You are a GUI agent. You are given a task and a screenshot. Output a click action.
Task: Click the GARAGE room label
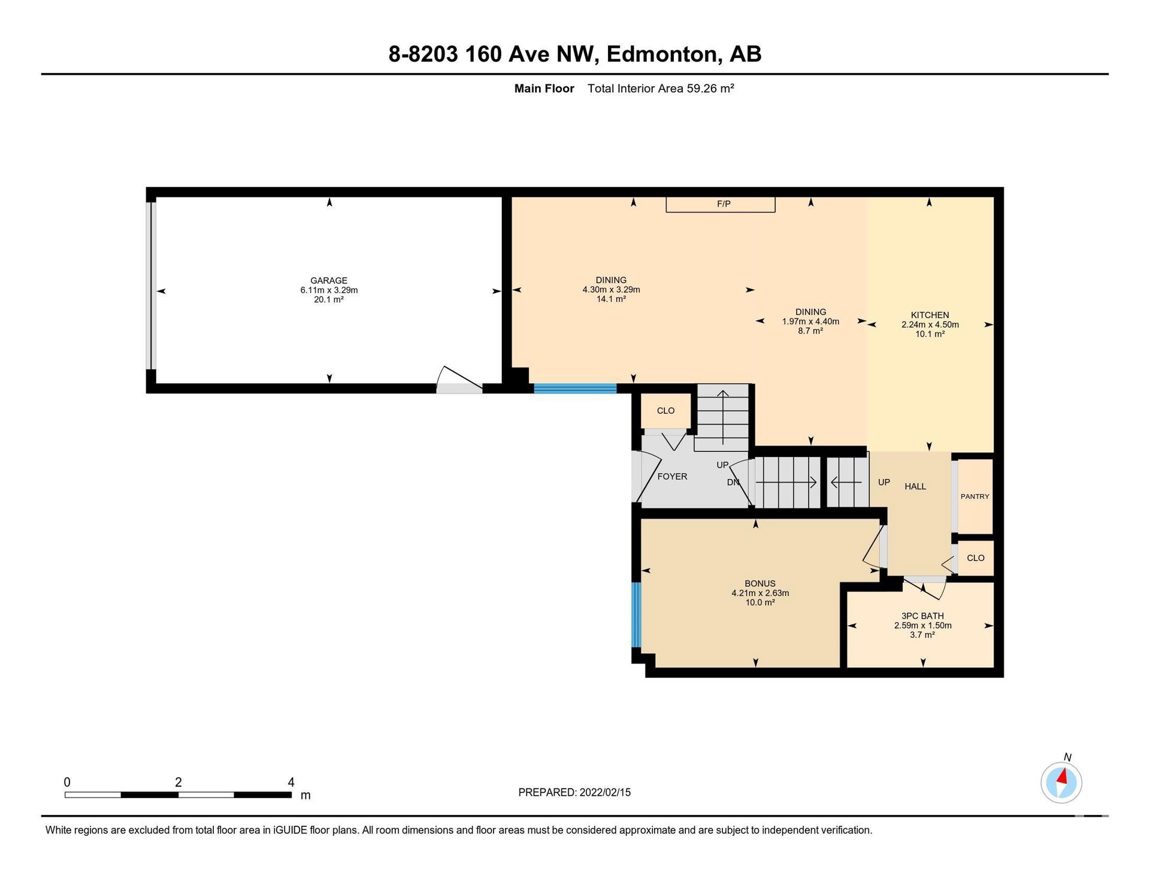[x=329, y=280]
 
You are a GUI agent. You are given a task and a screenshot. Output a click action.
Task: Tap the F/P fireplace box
[x=721, y=204]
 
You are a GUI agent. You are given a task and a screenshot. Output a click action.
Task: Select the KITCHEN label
[x=930, y=315]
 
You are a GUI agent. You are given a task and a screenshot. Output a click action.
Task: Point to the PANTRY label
[x=975, y=496]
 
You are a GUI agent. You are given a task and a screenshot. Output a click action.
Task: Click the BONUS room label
[x=760, y=583]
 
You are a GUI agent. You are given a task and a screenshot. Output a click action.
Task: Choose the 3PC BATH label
[x=922, y=616]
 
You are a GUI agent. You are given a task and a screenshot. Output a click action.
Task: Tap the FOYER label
[x=672, y=477]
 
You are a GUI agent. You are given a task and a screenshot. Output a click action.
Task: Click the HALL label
[x=915, y=486]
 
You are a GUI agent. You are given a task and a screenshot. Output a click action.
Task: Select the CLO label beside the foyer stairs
[x=665, y=411]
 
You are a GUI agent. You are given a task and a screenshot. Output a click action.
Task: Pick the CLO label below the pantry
[x=975, y=558]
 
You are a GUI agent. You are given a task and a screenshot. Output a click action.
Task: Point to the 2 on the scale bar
[x=178, y=782]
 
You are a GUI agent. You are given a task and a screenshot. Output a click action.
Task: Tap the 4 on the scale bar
[x=291, y=782]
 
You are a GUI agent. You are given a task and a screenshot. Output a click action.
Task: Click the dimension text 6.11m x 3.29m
[x=329, y=290]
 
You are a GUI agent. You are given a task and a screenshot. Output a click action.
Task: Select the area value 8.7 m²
[x=810, y=331]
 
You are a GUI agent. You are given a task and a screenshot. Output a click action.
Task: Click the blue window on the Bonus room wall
[x=636, y=614]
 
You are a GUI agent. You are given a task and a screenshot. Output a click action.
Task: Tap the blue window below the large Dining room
[x=575, y=388]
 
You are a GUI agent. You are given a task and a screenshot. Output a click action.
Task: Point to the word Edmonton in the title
[x=662, y=54]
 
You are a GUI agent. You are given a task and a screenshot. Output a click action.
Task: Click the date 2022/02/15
[x=605, y=792]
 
